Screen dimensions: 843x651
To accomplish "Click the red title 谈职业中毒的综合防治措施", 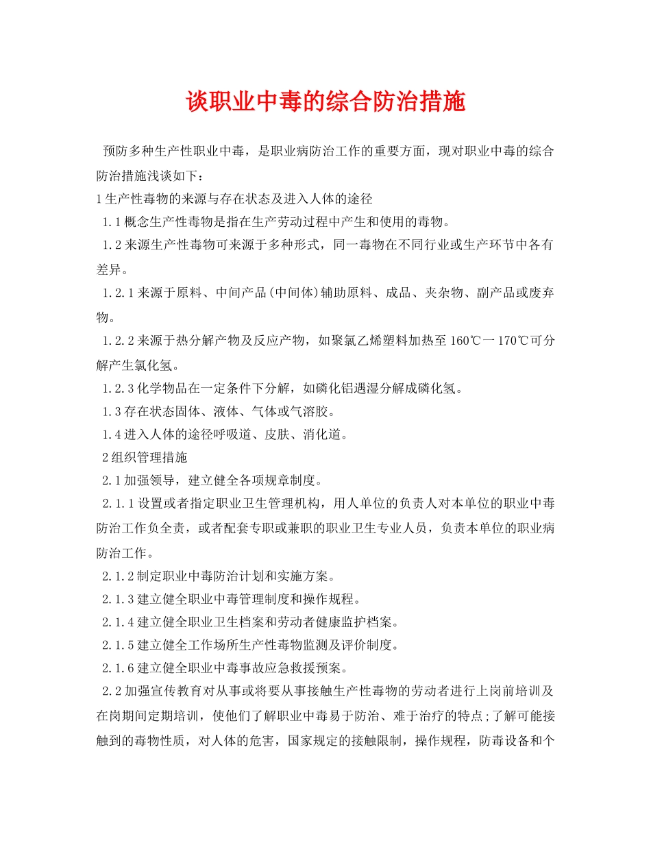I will [325, 103].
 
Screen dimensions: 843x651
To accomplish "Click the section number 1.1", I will [112, 222].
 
